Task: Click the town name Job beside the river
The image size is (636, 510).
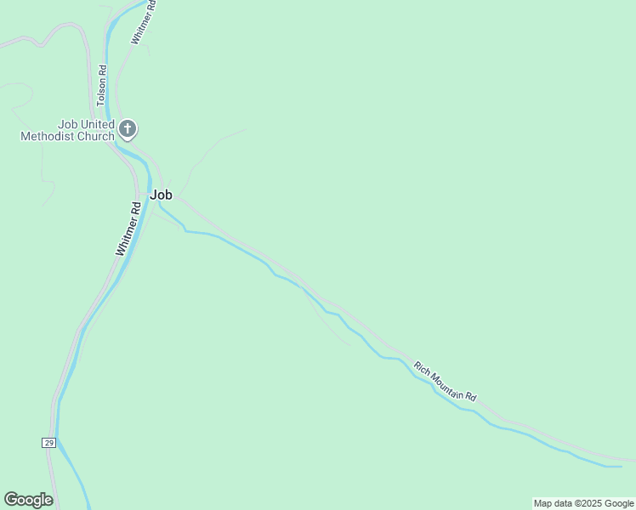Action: pyautogui.click(x=161, y=195)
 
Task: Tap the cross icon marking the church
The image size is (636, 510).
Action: pyautogui.click(x=128, y=129)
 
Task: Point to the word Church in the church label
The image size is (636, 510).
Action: pyautogui.click(x=96, y=136)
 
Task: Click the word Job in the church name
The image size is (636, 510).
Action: pyautogui.click(x=67, y=123)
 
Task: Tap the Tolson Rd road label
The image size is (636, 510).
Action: pyautogui.click(x=101, y=86)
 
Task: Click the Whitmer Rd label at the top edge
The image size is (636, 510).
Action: pyautogui.click(x=144, y=21)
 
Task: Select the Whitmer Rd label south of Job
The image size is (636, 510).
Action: pyautogui.click(x=128, y=229)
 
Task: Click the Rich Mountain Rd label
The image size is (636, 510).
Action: pyautogui.click(x=446, y=382)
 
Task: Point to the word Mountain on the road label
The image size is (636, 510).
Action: pyautogui.click(x=447, y=383)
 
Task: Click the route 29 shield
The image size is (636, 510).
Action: pyautogui.click(x=49, y=443)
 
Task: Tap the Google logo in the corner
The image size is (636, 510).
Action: pyautogui.click(x=28, y=500)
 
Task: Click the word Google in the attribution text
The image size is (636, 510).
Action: pyautogui.click(x=620, y=503)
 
